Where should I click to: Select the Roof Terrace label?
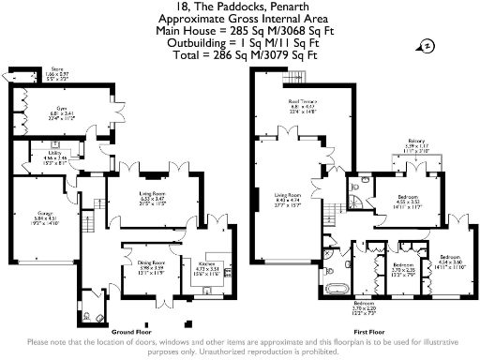[x=301, y=103]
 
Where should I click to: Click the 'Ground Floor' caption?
[x=133, y=332]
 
